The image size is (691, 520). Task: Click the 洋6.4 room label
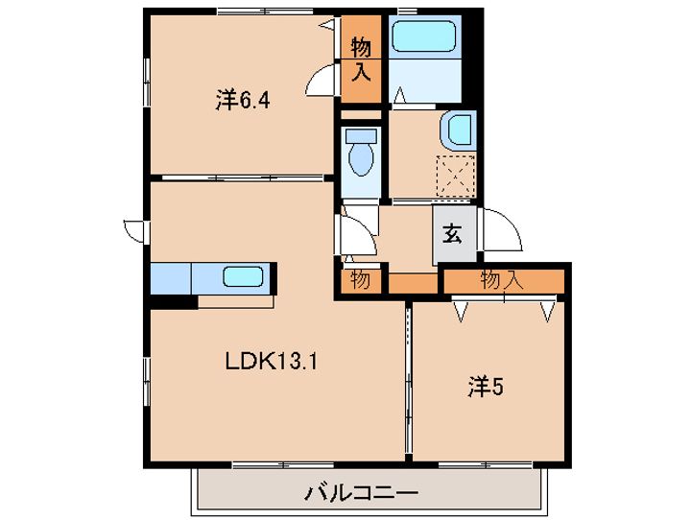point(243,101)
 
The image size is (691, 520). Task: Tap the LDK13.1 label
point(271,363)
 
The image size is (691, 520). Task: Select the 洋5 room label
point(486,387)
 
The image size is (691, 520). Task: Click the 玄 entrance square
point(454,235)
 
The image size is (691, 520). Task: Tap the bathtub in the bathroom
point(423,36)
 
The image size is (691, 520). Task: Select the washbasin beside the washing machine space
point(459,130)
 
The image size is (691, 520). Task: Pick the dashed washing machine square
point(456,175)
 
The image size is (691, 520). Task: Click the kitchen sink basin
point(243,277)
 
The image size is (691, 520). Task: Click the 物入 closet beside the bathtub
point(362,59)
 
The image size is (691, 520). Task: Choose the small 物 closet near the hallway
point(361,280)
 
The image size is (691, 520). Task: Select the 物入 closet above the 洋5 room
point(504,281)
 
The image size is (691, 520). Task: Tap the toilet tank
point(362,135)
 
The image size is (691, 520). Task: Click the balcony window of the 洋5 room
point(486,465)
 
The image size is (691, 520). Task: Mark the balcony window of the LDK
point(283,465)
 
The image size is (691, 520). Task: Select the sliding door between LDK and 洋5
point(409,381)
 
